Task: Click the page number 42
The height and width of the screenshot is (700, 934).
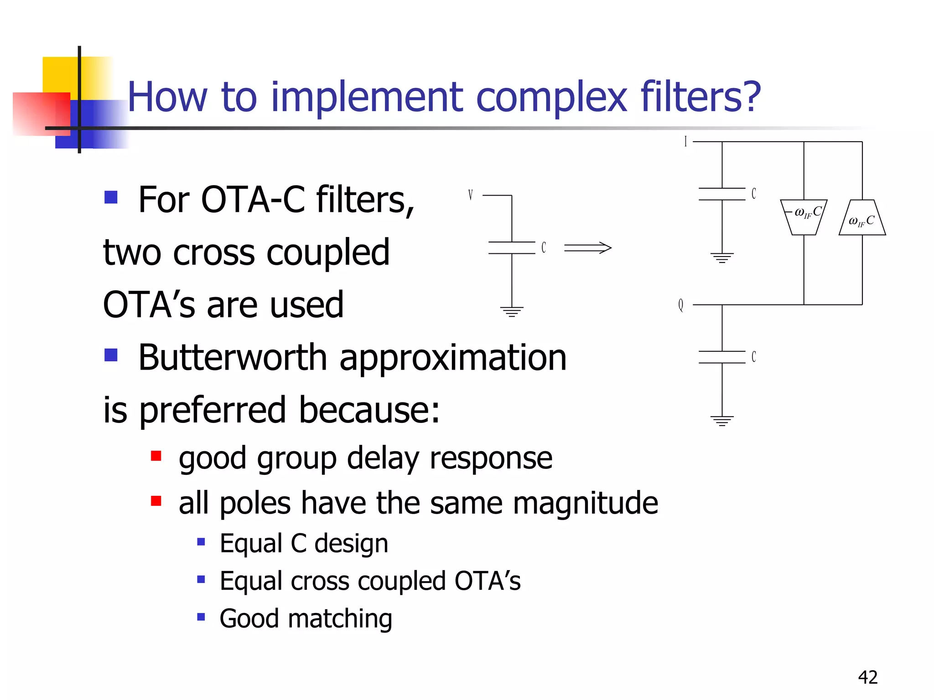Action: click(x=867, y=677)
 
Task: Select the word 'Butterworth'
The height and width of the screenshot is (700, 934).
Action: click(x=233, y=358)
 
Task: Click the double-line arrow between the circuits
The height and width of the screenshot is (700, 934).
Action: click(x=587, y=248)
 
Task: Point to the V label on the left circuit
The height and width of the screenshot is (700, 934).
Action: click(x=470, y=196)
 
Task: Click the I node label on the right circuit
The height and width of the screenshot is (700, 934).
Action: click(x=685, y=142)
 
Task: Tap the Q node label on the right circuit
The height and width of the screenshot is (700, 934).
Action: click(x=681, y=305)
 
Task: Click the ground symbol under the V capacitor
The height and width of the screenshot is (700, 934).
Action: click(x=512, y=312)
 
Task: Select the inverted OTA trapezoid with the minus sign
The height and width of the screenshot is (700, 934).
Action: click(x=804, y=217)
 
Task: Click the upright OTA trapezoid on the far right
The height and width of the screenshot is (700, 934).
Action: click(x=862, y=218)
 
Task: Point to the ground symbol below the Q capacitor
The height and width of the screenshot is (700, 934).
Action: click(x=722, y=421)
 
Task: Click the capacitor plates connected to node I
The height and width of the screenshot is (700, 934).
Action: click(x=722, y=194)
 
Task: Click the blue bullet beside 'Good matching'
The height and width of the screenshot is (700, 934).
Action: click(x=201, y=618)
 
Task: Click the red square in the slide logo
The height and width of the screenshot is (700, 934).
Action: click(x=40, y=114)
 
